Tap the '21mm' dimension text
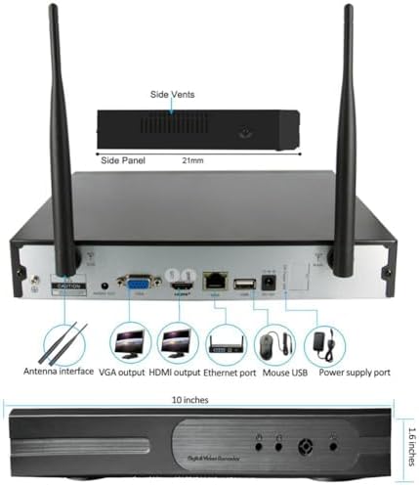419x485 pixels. click(227, 160)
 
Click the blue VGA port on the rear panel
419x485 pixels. click(137, 283)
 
